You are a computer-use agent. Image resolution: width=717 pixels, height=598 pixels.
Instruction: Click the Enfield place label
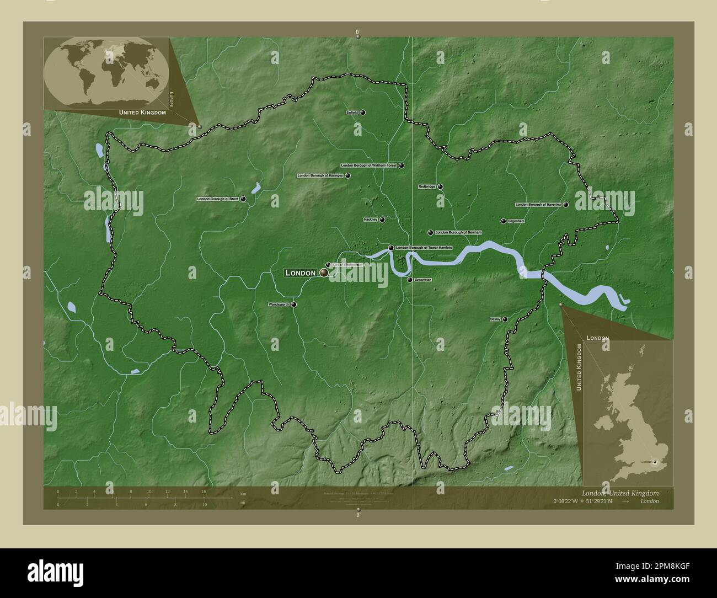352,113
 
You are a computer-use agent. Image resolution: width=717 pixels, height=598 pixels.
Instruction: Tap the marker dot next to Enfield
363,113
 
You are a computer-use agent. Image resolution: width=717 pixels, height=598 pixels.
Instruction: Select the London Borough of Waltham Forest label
369,165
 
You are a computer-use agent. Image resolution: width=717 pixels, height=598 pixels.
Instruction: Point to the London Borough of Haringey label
320,175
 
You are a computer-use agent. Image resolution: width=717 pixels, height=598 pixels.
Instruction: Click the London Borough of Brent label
217,199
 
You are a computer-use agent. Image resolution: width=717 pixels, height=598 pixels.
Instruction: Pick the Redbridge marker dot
441,187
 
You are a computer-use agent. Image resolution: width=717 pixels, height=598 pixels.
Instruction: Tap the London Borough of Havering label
538,205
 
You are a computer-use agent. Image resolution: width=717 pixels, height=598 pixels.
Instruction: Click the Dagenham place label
516,221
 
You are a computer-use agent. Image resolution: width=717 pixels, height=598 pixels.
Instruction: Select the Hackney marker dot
382,220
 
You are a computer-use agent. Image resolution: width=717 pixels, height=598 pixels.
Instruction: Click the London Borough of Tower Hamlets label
424,248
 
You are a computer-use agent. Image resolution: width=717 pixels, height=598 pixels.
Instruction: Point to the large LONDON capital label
301,273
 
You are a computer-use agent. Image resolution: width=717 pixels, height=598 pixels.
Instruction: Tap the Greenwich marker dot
409,280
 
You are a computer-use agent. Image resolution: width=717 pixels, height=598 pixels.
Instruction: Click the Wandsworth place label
279,305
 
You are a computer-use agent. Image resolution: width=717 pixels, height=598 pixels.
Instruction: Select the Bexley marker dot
505,319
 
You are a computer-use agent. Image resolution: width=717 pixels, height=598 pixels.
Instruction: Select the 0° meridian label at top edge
358,32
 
